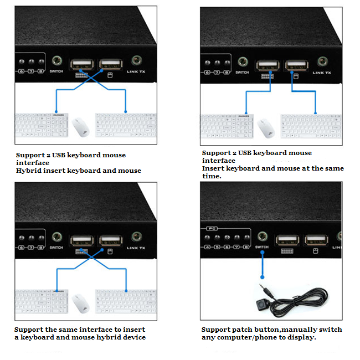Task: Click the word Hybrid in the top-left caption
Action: (28, 171)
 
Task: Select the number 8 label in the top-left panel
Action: (40, 73)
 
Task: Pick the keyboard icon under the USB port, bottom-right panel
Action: (287, 251)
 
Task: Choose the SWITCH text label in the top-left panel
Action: (56, 73)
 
